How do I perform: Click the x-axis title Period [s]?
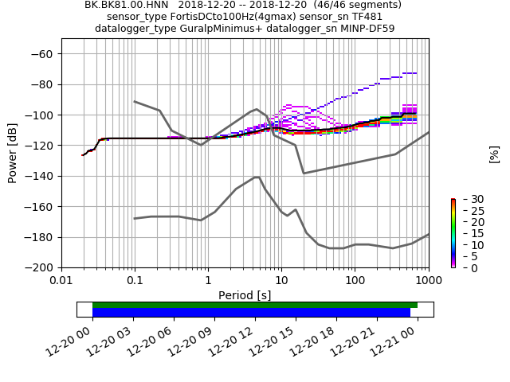245,295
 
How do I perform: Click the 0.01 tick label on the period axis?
61,281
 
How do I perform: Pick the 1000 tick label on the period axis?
428,281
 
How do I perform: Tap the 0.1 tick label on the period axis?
135,281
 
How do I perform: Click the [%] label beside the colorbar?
494,154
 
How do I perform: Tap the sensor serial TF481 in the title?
367,17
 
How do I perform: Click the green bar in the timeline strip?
255,305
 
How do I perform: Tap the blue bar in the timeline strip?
251,313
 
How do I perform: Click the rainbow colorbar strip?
453,233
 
